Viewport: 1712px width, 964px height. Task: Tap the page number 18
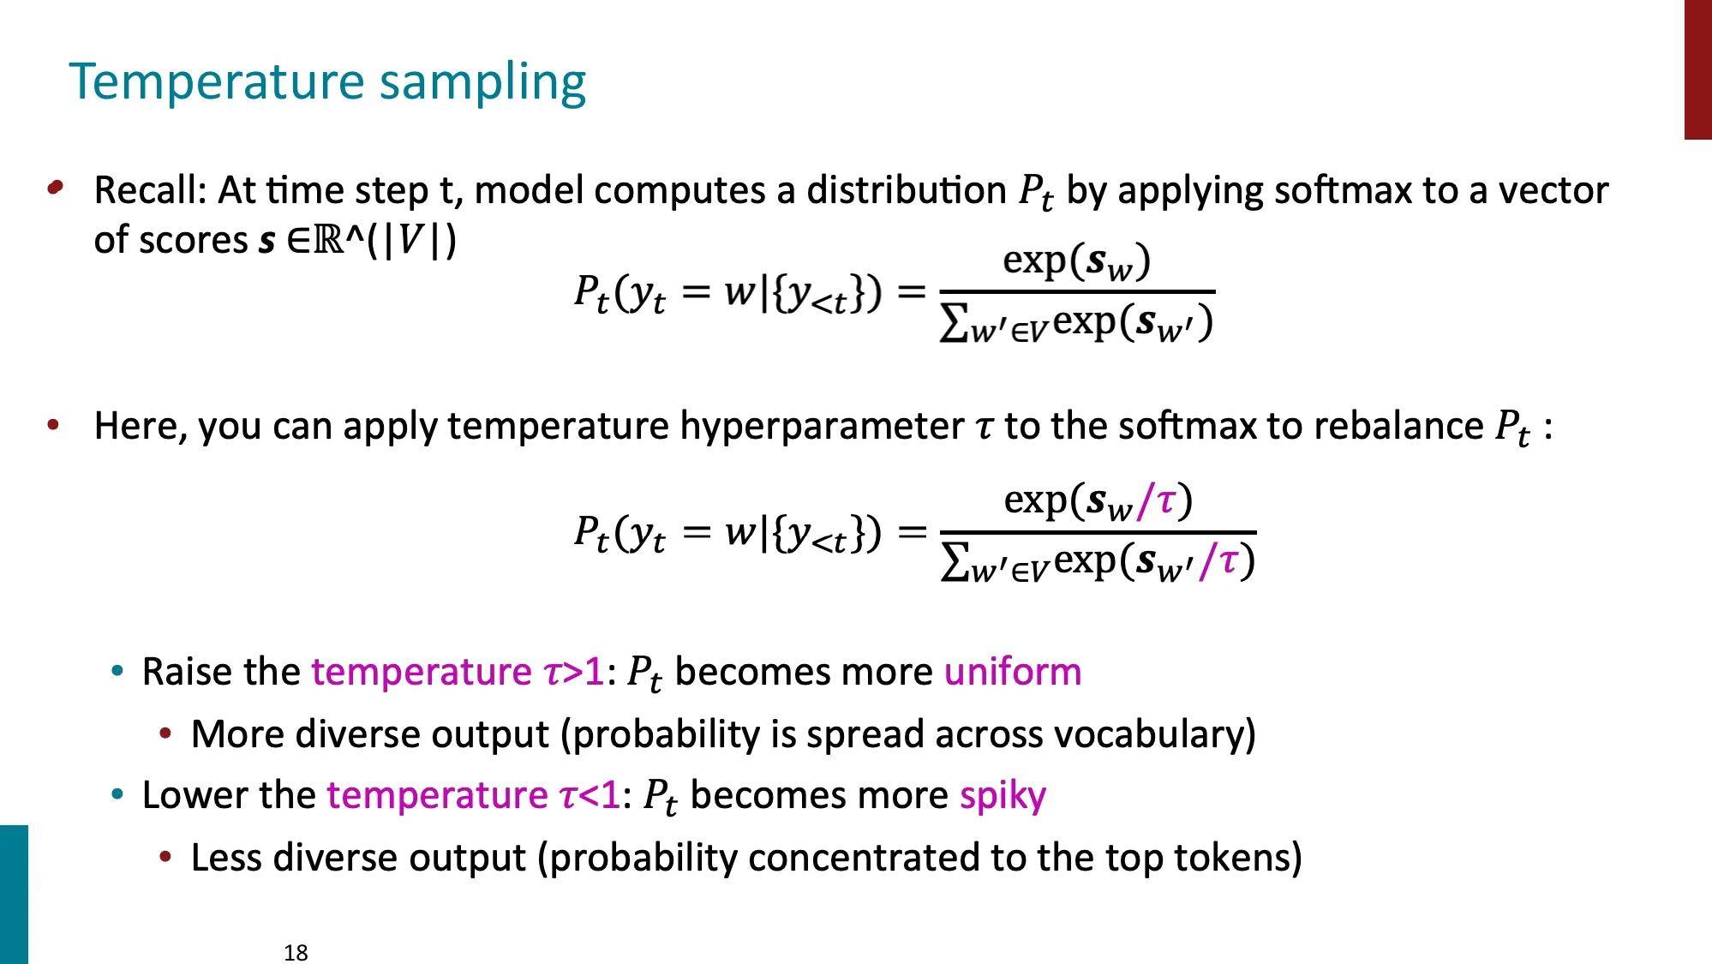(x=296, y=952)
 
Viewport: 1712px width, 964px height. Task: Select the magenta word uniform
(x=1012, y=672)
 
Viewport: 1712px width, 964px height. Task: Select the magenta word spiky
(x=1003, y=796)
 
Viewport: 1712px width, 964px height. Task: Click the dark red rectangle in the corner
(x=1697, y=69)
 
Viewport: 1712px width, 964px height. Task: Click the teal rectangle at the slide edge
(x=14, y=894)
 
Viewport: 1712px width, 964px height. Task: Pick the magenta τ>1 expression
(x=574, y=673)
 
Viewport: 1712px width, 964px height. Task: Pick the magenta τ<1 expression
(x=590, y=796)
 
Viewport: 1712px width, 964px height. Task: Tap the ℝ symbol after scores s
(x=328, y=241)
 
